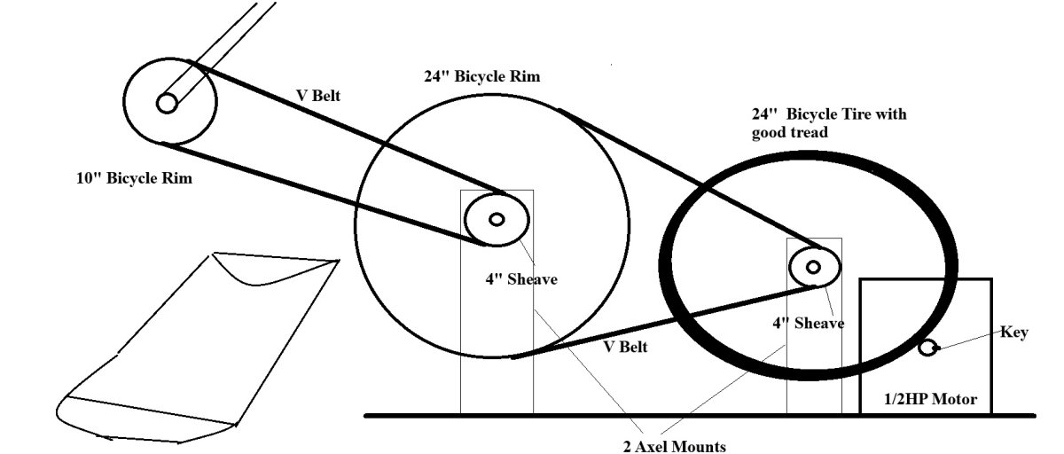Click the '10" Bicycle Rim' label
pos(135,178)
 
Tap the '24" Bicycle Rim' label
pos(482,76)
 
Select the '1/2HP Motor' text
pos(930,399)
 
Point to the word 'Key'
pos(1014,333)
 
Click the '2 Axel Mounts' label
pos(675,446)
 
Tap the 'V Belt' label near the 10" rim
pos(318,96)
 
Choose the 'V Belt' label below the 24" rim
pos(626,347)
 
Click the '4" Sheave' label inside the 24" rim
pos(521,278)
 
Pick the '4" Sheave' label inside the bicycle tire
pos(809,324)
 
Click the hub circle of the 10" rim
pos(167,103)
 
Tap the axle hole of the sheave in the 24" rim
pos(497,219)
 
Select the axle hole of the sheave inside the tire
pos(813,267)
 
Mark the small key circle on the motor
pos(927,348)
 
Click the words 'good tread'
pos(790,132)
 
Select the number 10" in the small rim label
pos(89,178)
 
